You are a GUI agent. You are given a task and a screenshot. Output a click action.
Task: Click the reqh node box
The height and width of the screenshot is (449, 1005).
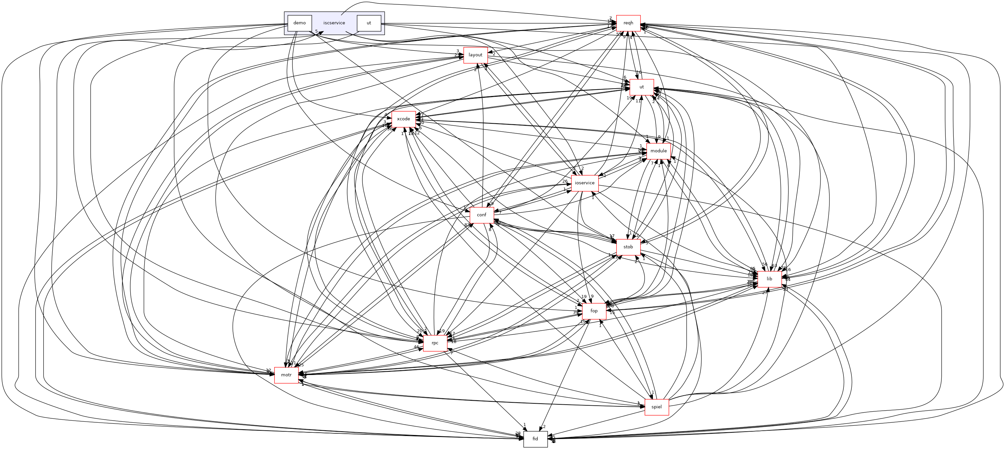(628, 23)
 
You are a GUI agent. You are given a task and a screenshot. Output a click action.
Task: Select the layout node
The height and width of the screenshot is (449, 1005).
(475, 55)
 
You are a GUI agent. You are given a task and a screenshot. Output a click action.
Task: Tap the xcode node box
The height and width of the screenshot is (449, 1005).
(403, 119)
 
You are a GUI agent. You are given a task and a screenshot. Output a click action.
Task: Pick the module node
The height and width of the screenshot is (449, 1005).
(659, 151)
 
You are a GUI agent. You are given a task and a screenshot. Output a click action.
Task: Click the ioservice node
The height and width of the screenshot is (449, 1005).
(584, 183)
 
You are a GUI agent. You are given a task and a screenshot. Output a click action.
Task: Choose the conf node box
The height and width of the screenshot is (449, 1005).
(482, 215)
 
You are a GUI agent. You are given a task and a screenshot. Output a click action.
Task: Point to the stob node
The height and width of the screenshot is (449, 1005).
(628, 247)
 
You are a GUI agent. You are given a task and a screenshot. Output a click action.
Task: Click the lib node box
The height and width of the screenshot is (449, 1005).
(769, 279)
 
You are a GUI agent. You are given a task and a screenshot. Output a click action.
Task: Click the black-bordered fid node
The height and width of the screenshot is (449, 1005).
(535, 439)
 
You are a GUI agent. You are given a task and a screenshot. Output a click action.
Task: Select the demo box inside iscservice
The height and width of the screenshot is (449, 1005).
(299, 23)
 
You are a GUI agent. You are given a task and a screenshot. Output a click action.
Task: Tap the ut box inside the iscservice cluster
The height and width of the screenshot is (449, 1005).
(369, 23)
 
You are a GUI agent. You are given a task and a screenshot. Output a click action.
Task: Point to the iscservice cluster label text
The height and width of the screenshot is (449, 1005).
(334, 23)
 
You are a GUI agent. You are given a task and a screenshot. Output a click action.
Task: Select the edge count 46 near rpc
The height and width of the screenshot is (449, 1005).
(416, 347)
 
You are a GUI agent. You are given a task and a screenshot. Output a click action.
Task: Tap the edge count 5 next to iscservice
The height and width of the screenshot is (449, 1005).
(316, 31)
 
